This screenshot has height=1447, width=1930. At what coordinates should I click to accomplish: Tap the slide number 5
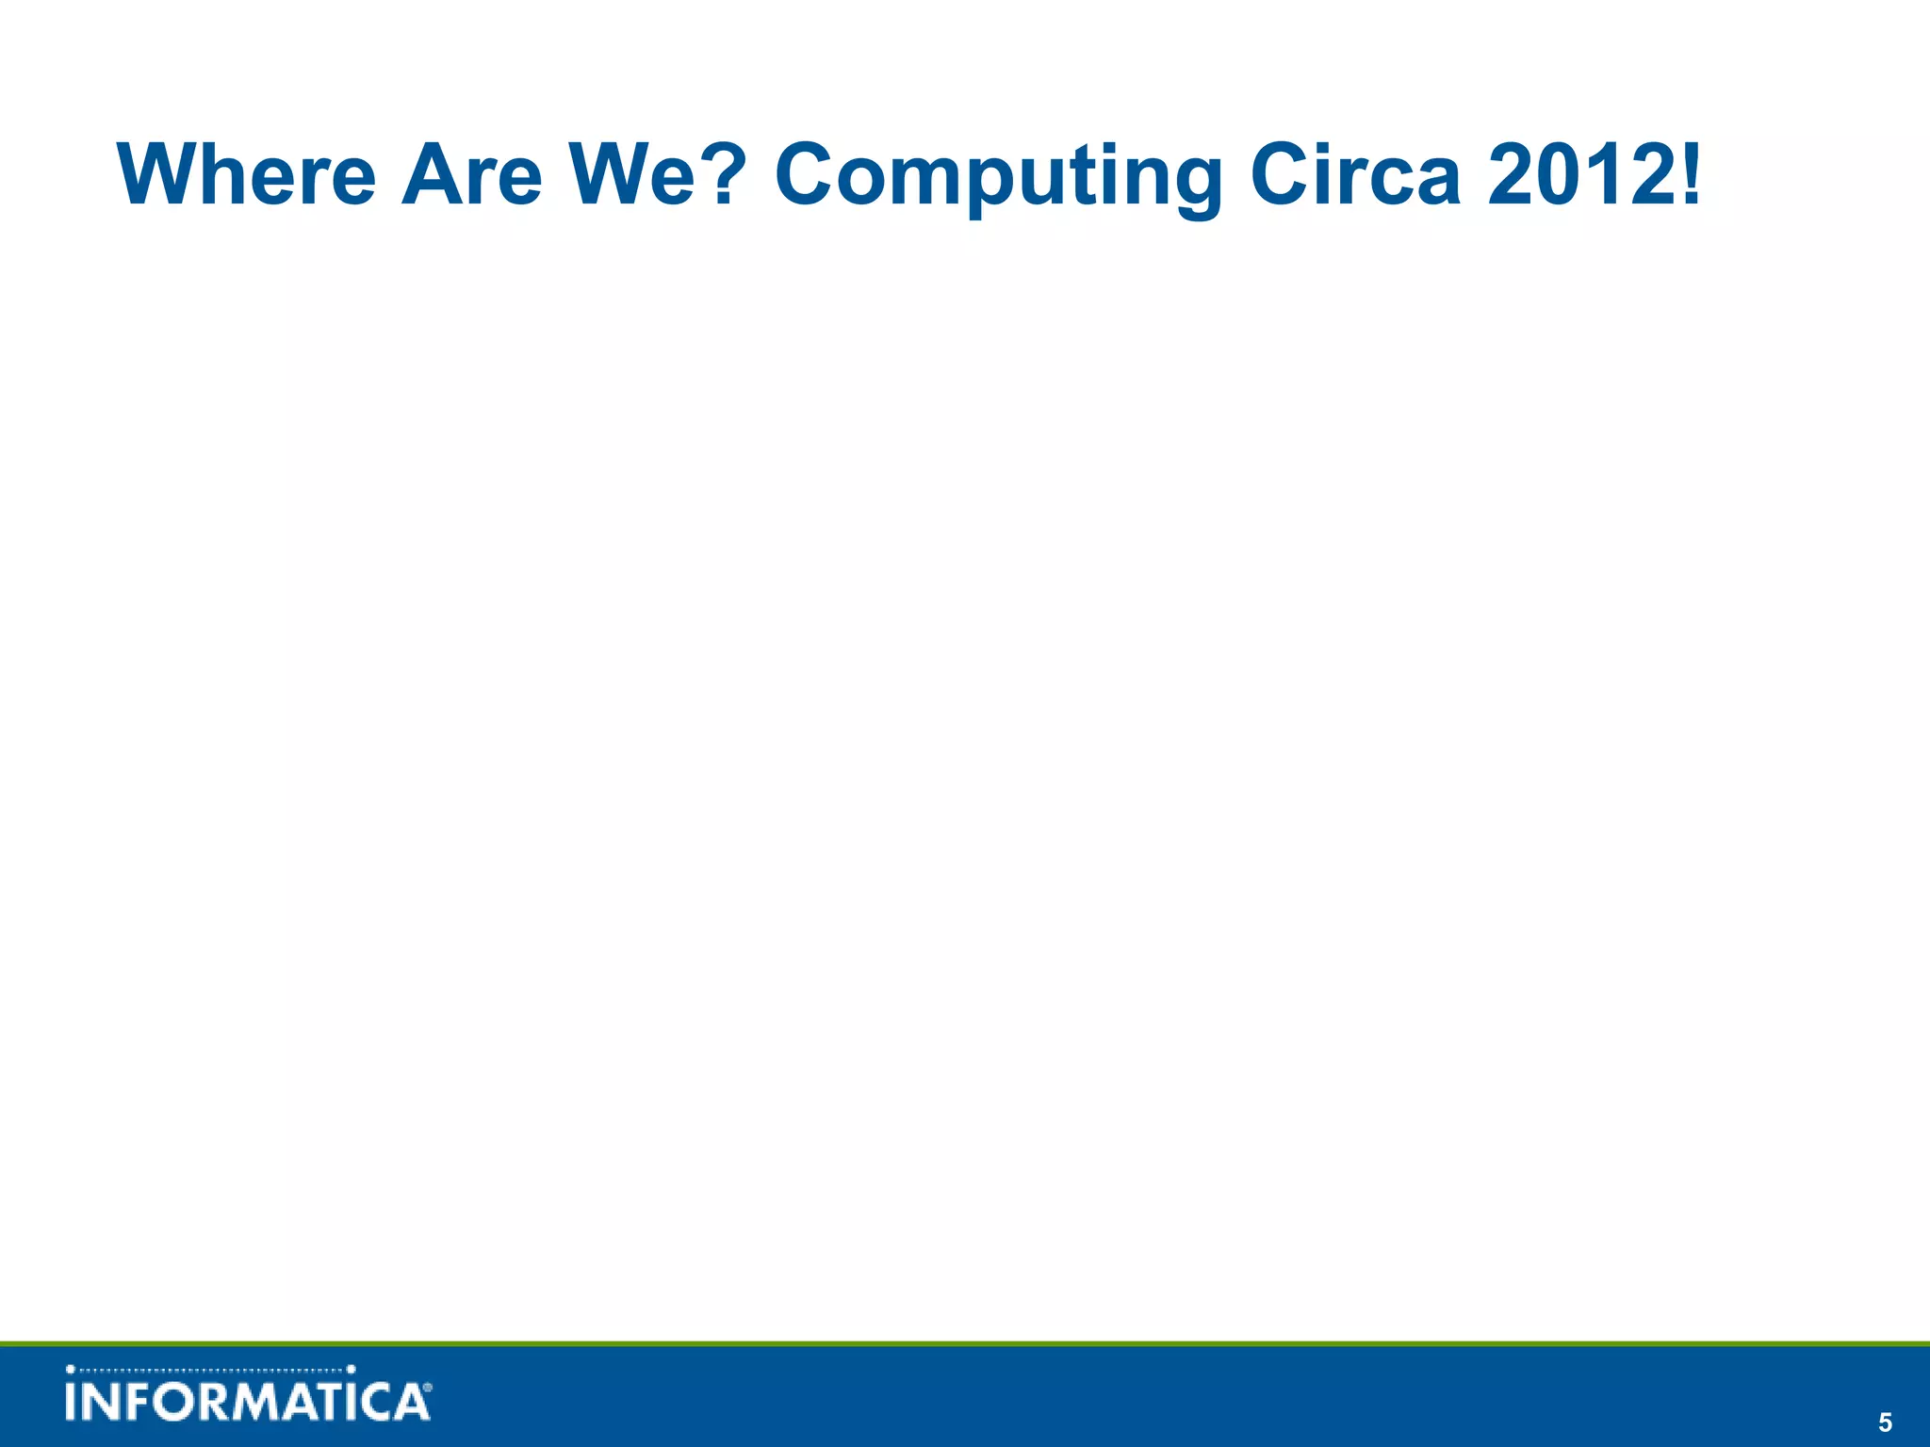tap(1885, 1423)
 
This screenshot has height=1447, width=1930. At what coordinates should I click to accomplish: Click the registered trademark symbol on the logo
tap(428, 1388)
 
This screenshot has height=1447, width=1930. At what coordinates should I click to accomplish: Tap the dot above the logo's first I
tap(71, 1370)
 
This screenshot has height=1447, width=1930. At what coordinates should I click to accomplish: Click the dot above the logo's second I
tap(352, 1370)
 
